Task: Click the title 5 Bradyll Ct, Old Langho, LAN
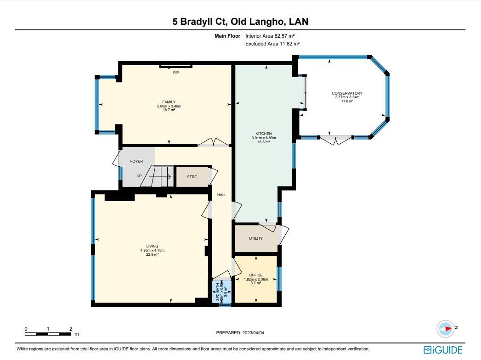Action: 240,22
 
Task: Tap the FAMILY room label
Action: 169,102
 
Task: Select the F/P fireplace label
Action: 175,73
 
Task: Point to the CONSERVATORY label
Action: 347,93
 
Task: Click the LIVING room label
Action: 152,246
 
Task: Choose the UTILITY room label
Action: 256,238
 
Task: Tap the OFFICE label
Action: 256,275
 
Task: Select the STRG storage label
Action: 192,177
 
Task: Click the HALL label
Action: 222,195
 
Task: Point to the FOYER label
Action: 136,161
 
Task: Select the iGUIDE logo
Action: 443,350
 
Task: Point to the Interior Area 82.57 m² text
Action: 272,35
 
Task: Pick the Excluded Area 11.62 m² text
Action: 272,44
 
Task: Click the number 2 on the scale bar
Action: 70,329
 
